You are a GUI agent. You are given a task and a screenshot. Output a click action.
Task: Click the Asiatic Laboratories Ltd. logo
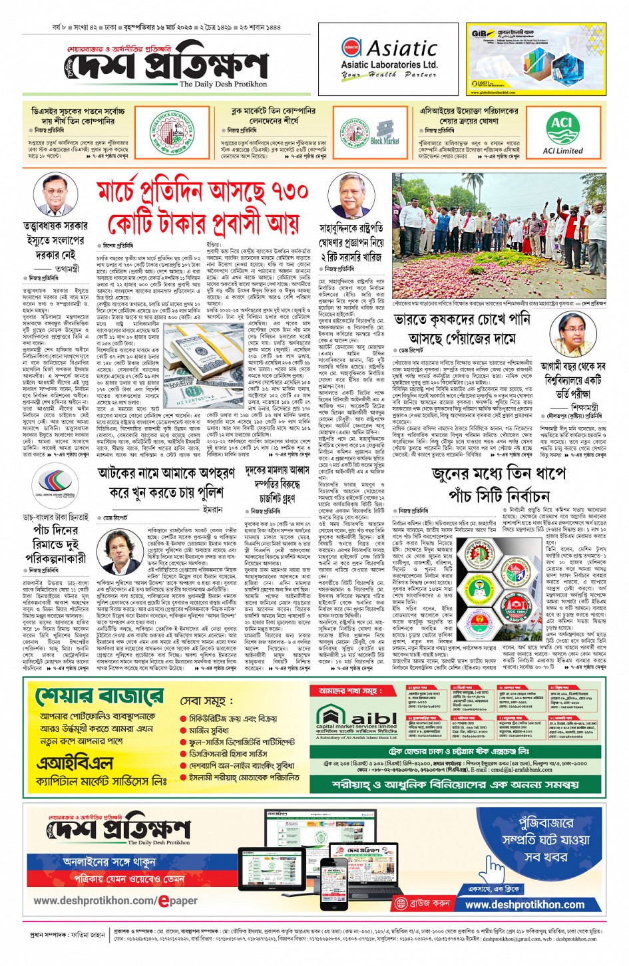pyautogui.click(x=389, y=59)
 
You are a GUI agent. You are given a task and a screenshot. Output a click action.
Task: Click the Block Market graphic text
pyautogui.click(x=384, y=134)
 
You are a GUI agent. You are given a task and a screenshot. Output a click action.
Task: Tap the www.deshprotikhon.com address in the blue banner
pyautogui.click(x=524, y=905)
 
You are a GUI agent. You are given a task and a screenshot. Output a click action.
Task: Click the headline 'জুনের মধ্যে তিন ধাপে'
pyautogui.click(x=499, y=474)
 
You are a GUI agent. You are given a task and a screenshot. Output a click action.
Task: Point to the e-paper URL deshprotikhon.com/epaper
pyautogui.click(x=116, y=901)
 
